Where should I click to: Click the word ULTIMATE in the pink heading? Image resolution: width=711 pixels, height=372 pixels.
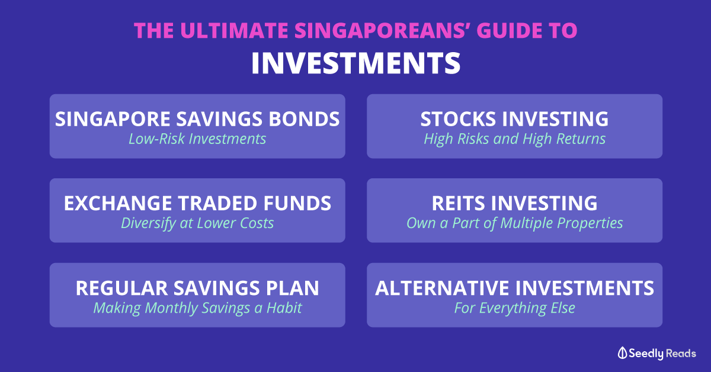pyautogui.click(x=234, y=30)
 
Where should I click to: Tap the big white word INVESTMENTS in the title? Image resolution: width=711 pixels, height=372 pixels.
pyautogui.click(x=356, y=63)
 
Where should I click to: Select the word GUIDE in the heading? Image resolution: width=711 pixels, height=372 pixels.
pyautogui.click(x=509, y=30)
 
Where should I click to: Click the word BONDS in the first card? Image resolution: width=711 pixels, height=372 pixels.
pyautogui.click(x=304, y=119)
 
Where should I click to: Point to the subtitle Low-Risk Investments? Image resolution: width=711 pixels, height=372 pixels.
pyautogui.click(x=197, y=139)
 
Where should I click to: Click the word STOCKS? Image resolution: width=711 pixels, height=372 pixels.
pyautogui.click(x=458, y=119)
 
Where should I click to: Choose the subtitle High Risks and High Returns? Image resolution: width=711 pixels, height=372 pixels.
pyautogui.click(x=514, y=139)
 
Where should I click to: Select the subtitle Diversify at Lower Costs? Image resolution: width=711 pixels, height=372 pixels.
pyautogui.click(x=197, y=223)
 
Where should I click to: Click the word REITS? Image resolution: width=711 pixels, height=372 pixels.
pyautogui.click(x=458, y=203)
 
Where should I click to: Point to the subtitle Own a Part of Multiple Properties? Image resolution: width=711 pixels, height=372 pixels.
pyautogui.click(x=514, y=223)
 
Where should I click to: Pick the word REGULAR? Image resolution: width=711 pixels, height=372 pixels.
pyautogui.click(x=121, y=288)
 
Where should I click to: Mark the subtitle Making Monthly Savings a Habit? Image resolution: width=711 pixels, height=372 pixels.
pyautogui.click(x=197, y=308)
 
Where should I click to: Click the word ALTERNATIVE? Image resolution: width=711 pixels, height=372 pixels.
pyautogui.click(x=442, y=288)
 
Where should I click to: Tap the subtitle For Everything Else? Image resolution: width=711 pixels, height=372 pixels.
pyautogui.click(x=514, y=308)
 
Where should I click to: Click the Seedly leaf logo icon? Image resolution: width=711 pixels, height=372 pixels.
pyautogui.click(x=622, y=353)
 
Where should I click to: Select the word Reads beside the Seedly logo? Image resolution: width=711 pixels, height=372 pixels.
pyautogui.click(x=681, y=353)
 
